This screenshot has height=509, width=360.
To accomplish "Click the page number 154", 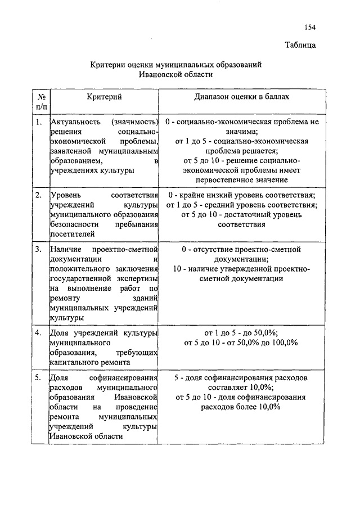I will pyautogui.click(x=310, y=26).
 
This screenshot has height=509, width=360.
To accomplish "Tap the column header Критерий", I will pyautogui.click(x=104, y=97).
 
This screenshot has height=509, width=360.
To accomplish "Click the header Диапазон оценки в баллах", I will pyautogui.click(x=242, y=97).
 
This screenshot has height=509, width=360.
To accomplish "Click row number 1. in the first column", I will pyautogui.click(x=38, y=121).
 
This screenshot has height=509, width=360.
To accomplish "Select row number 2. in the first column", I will pyautogui.click(x=38, y=195).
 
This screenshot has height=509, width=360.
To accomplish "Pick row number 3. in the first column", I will pyautogui.click(x=38, y=249).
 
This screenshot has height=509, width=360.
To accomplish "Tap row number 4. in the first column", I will pyautogui.click(x=38, y=332).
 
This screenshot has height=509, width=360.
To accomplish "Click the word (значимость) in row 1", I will pyautogui.click(x=133, y=121).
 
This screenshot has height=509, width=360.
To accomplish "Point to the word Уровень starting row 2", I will pyautogui.click(x=66, y=195).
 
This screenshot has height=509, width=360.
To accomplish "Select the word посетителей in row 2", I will pyautogui.click(x=72, y=234).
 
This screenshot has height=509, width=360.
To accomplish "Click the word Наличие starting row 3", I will pyautogui.click(x=65, y=249).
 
